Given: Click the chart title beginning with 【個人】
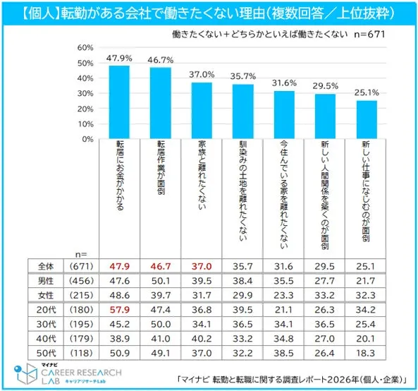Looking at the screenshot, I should [x=209, y=12].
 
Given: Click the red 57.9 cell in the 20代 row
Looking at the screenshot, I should [x=118, y=310].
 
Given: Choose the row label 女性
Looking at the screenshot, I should [x=46, y=294].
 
